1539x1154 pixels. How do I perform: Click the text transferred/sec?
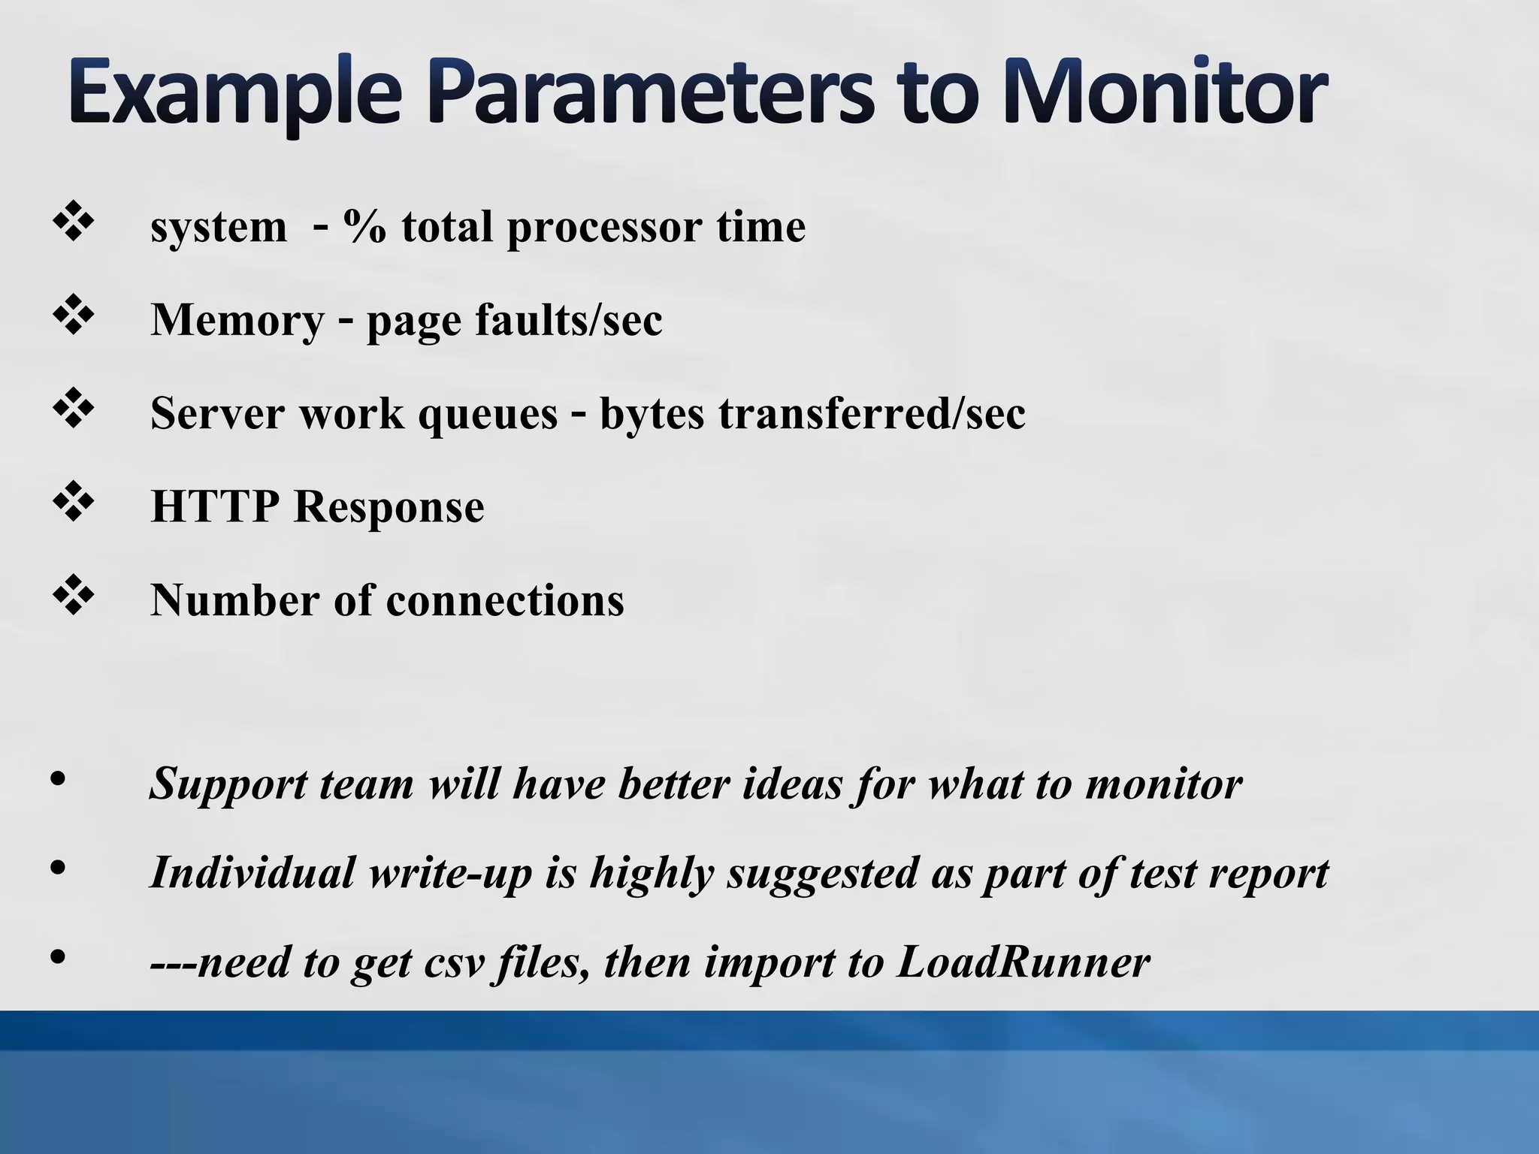click(x=872, y=413)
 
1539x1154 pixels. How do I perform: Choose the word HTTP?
click(x=215, y=506)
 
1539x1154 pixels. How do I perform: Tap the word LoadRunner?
click(x=1023, y=962)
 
